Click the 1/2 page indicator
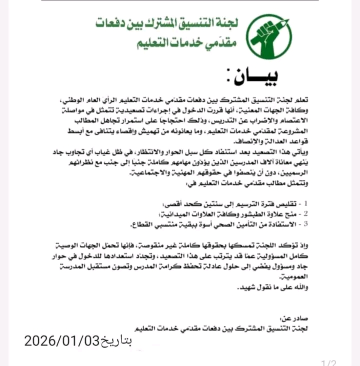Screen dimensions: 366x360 [328, 362]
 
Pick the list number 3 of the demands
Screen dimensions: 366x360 [312, 223]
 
